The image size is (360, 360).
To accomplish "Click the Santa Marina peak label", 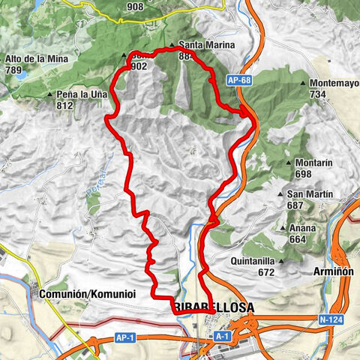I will (x=207, y=45).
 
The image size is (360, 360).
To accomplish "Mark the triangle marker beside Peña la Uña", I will (x=49, y=95).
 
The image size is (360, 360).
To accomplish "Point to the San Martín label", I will (x=310, y=193).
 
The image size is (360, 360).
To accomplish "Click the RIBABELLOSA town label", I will (x=213, y=308).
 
